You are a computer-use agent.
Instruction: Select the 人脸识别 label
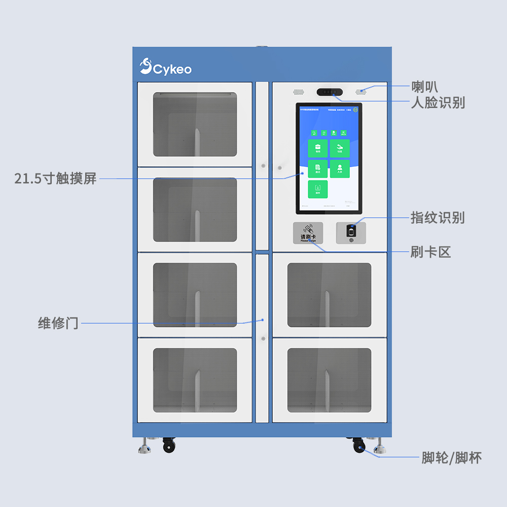coord(437,103)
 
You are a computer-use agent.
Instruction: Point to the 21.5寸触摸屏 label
coord(55,178)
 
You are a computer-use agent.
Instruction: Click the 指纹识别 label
coord(437,218)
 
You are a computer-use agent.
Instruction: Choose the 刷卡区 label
coord(430,251)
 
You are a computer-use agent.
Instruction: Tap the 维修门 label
coord(58,323)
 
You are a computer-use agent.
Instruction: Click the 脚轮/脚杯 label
coord(451,458)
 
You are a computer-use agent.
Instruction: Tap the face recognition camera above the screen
coord(330,92)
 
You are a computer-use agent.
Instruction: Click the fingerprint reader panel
coord(351,232)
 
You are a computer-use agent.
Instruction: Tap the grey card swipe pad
coord(308,233)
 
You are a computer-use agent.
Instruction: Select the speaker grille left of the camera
coord(298,92)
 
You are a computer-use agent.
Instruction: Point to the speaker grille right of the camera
coord(361,92)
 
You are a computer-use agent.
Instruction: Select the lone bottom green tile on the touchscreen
coord(318,189)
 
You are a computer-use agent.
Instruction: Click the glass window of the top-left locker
coord(195,124)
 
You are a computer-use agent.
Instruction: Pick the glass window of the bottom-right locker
coord(329,380)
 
